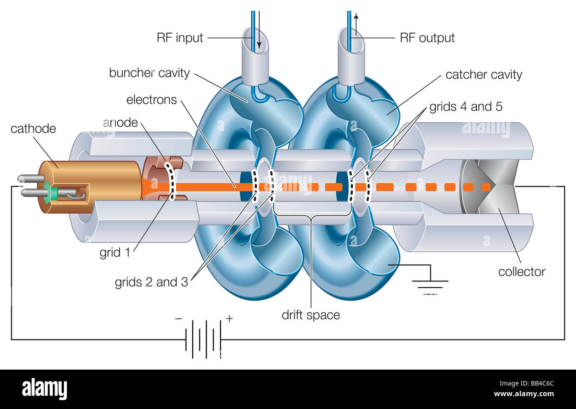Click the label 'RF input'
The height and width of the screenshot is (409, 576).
tap(180, 38)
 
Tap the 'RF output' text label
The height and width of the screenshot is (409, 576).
tap(427, 38)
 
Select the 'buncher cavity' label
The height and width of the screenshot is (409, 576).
tap(149, 73)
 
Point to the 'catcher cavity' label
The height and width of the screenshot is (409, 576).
tap(483, 75)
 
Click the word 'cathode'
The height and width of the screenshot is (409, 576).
tap(33, 129)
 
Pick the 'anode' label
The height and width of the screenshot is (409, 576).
tap(120, 123)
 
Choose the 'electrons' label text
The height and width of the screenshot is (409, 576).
tap(152, 100)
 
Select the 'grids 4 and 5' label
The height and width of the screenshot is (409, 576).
tap(466, 107)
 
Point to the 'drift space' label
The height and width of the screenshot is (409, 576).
tap(311, 316)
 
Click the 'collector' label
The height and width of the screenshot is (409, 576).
tap(522, 272)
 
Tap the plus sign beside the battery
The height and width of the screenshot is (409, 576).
tap(230, 318)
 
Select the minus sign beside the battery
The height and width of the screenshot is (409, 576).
tap(178, 318)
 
